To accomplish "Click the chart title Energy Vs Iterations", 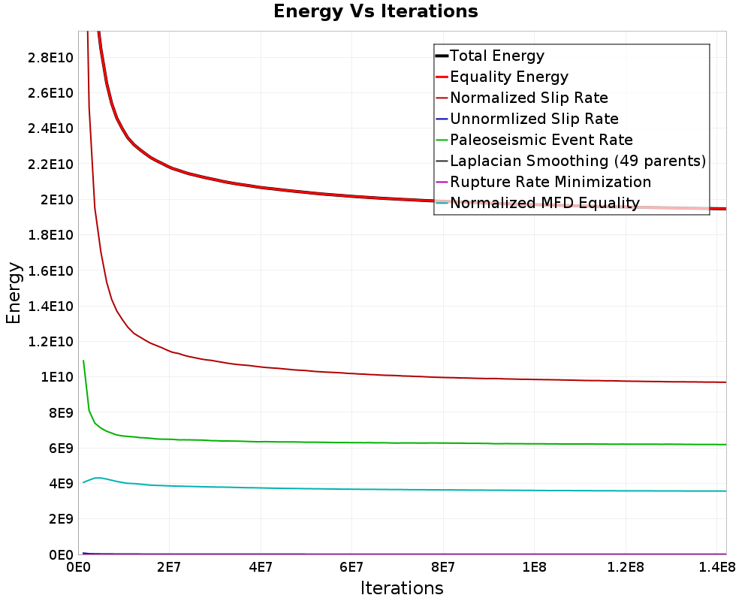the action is tap(375, 11).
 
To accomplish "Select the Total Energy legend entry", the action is tap(490, 56).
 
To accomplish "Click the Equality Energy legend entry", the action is tap(502, 77).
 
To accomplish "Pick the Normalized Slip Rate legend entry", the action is tap(522, 98).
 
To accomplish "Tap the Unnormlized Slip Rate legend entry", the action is tap(527, 119).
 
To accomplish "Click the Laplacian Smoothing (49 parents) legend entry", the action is tap(571, 161).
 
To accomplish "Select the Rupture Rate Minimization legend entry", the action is tap(544, 182).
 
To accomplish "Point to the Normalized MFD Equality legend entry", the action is tap(538, 203).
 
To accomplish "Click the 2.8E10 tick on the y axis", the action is tap(50, 58).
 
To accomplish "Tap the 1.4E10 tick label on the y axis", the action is tap(50, 307).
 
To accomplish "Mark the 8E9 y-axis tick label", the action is tap(61, 412).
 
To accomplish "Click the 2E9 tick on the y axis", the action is tap(61, 519).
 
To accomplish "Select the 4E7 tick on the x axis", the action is tap(261, 567).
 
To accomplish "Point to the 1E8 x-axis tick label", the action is tap(534, 567).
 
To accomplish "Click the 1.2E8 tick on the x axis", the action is tap(626, 567).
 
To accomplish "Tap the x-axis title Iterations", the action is tap(402, 588).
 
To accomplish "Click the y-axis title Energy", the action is tap(14, 293).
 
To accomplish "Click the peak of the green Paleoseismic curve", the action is tap(83, 361).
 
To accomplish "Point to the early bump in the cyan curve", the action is tap(98, 478).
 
